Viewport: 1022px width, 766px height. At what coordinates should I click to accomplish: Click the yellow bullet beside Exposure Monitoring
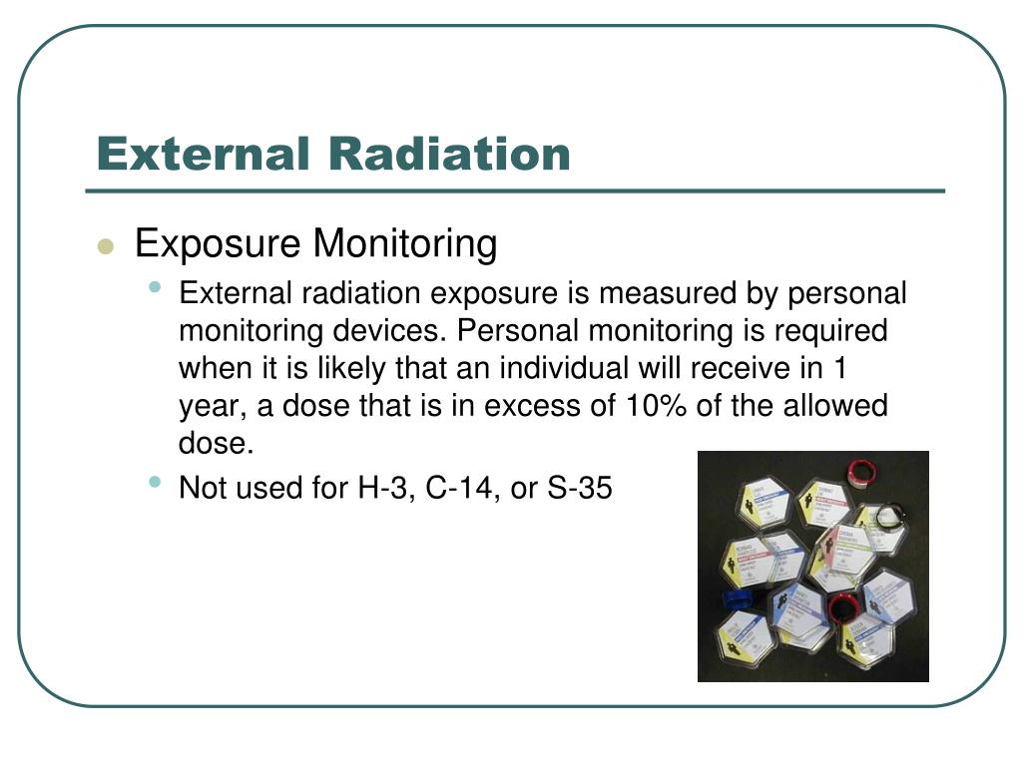[107, 247]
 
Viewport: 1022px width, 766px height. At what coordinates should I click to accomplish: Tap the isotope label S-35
[578, 489]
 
